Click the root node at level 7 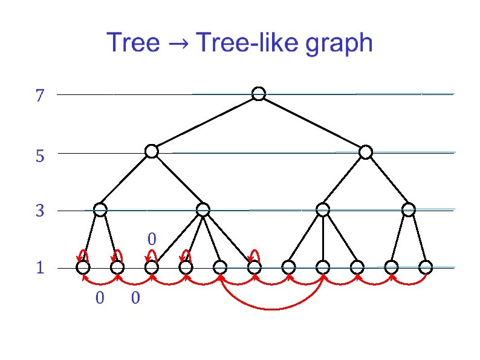pyautogui.click(x=259, y=94)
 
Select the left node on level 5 pyautogui.click(x=152, y=151)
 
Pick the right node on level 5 pyautogui.click(x=365, y=152)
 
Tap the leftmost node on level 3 pyautogui.click(x=100, y=210)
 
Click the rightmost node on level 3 pyautogui.click(x=409, y=210)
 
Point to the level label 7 pyautogui.click(x=40, y=96)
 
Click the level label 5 pyautogui.click(x=40, y=157)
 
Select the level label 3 pyautogui.click(x=40, y=212)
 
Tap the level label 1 pyautogui.click(x=40, y=268)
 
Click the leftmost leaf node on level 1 pyautogui.click(x=83, y=267)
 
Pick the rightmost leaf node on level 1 pyautogui.click(x=426, y=267)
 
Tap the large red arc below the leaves pyautogui.click(x=272, y=308)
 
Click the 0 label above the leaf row pyautogui.click(x=152, y=240)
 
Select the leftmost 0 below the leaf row pyautogui.click(x=100, y=298)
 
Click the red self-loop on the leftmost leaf pyautogui.click(x=83, y=252)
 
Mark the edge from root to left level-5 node pyautogui.click(x=205, y=123)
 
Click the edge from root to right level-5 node pyautogui.click(x=312, y=123)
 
